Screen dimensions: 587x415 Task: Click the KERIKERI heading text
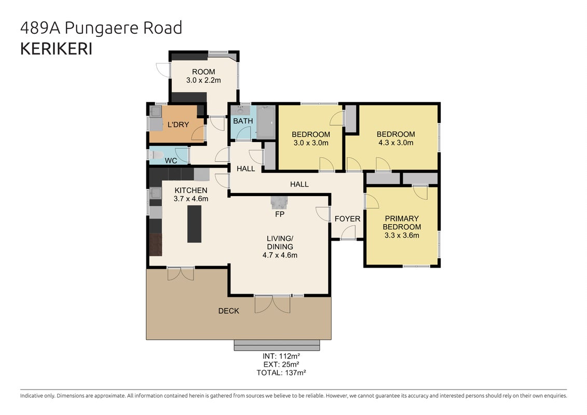point(56,49)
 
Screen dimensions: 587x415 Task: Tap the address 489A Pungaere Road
point(101,28)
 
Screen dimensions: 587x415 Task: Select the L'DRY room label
point(178,125)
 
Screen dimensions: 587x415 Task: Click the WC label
point(171,161)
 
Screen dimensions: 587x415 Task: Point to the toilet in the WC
point(157,155)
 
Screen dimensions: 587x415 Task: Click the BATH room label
point(243,121)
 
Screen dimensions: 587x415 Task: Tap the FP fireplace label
point(280,214)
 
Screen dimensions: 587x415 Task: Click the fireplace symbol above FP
point(279,202)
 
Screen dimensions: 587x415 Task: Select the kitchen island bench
point(194,224)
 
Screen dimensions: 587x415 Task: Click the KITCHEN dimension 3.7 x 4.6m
point(191,199)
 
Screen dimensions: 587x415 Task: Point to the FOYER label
point(347,219)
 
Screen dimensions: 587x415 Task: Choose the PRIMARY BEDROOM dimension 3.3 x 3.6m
point(402,236)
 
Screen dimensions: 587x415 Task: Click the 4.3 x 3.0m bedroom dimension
point(395,143)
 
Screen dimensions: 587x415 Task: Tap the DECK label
point(229,311)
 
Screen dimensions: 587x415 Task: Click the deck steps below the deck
point(277,345)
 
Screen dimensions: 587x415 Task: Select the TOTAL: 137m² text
point(281,372)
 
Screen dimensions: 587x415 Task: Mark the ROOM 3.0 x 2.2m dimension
point(203,80)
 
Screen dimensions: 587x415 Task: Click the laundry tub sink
point(156,111)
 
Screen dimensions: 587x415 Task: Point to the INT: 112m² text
point(281,356)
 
